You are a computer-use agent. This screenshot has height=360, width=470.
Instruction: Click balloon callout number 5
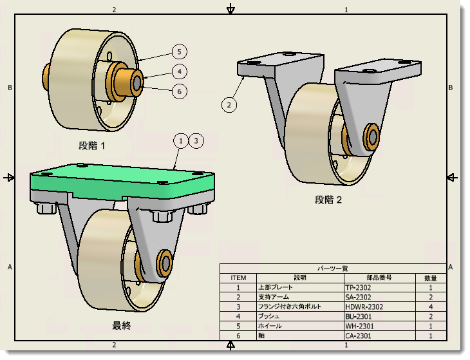tap(180, 51)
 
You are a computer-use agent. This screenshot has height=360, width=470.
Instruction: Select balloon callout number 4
tap(180, 71)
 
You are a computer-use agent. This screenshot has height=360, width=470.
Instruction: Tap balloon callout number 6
tap(180, 91)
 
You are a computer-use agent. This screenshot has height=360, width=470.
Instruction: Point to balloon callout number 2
tap(229, 104)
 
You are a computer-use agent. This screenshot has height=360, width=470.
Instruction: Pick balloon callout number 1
tap(182, 140)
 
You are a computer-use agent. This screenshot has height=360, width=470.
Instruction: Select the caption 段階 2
tap(328, 200)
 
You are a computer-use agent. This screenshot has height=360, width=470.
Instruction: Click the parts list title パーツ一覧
tap(333, 268)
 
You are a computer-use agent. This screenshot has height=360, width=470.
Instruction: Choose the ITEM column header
tap(238, 278)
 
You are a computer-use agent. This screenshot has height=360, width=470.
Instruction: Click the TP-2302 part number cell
tap(359, 287)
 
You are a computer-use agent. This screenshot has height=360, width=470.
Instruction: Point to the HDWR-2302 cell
tap(364, 307)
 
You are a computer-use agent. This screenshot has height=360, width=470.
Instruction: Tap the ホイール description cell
tap(270, 326)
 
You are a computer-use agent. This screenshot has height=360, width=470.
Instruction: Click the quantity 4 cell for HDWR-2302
tap(431, 307)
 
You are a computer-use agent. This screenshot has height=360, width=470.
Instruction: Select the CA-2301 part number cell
tap(359, 336)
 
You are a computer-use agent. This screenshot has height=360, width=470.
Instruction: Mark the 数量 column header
tap(431, 278)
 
